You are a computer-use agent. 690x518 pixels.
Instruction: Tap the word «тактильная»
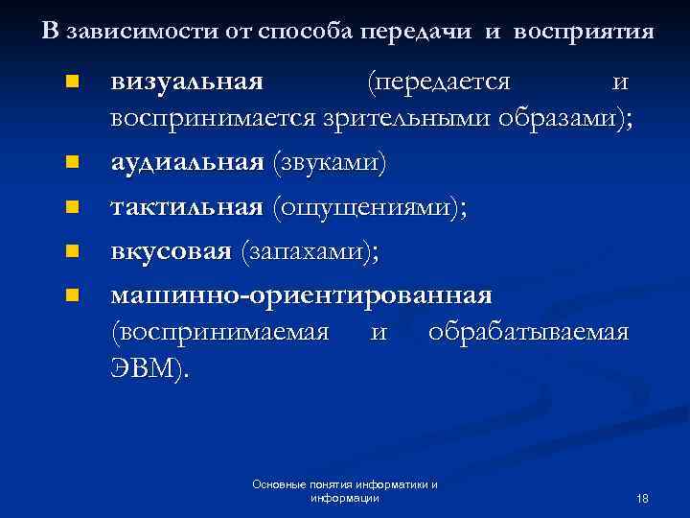187,207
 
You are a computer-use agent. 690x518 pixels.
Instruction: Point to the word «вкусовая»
172,251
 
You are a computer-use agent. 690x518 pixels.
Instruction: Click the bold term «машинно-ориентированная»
302,293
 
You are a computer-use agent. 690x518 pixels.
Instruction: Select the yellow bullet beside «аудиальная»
69,164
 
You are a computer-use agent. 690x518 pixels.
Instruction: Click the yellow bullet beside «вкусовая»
69,251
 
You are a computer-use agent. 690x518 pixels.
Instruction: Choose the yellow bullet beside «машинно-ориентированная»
69,294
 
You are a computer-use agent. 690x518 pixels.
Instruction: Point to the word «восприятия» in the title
584,32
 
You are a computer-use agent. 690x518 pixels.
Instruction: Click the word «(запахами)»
310,251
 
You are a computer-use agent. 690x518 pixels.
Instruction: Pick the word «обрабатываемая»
529,333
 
